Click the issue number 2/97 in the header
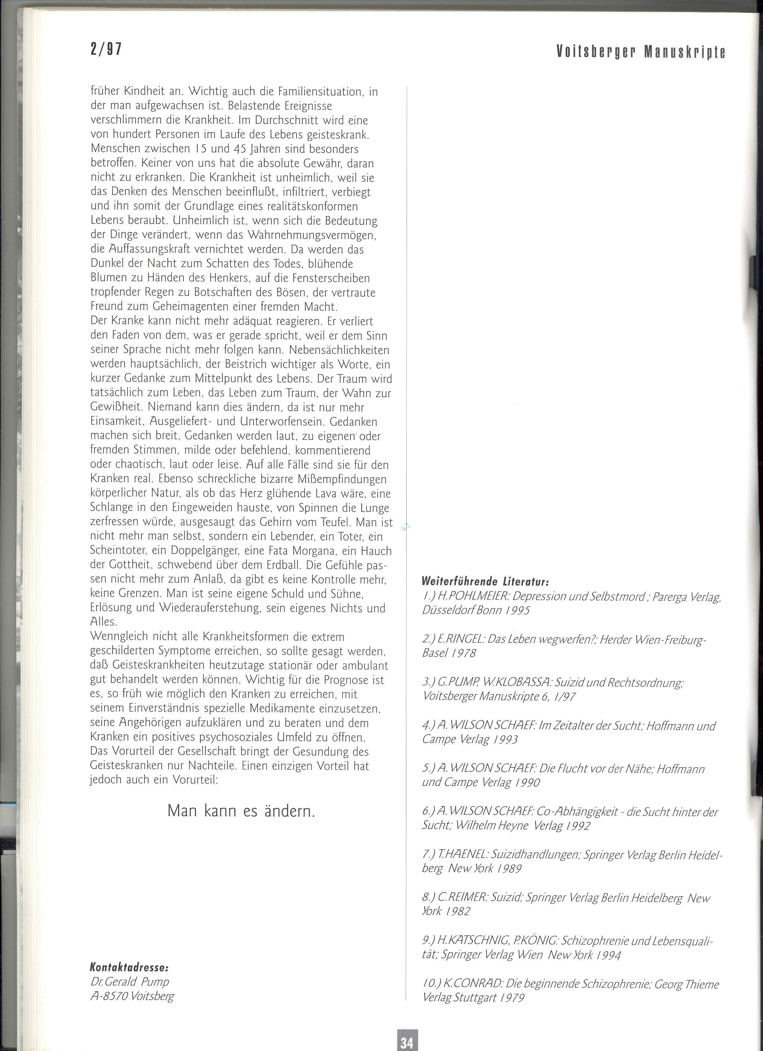(106, 49)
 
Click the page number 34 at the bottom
(407, 1039)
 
